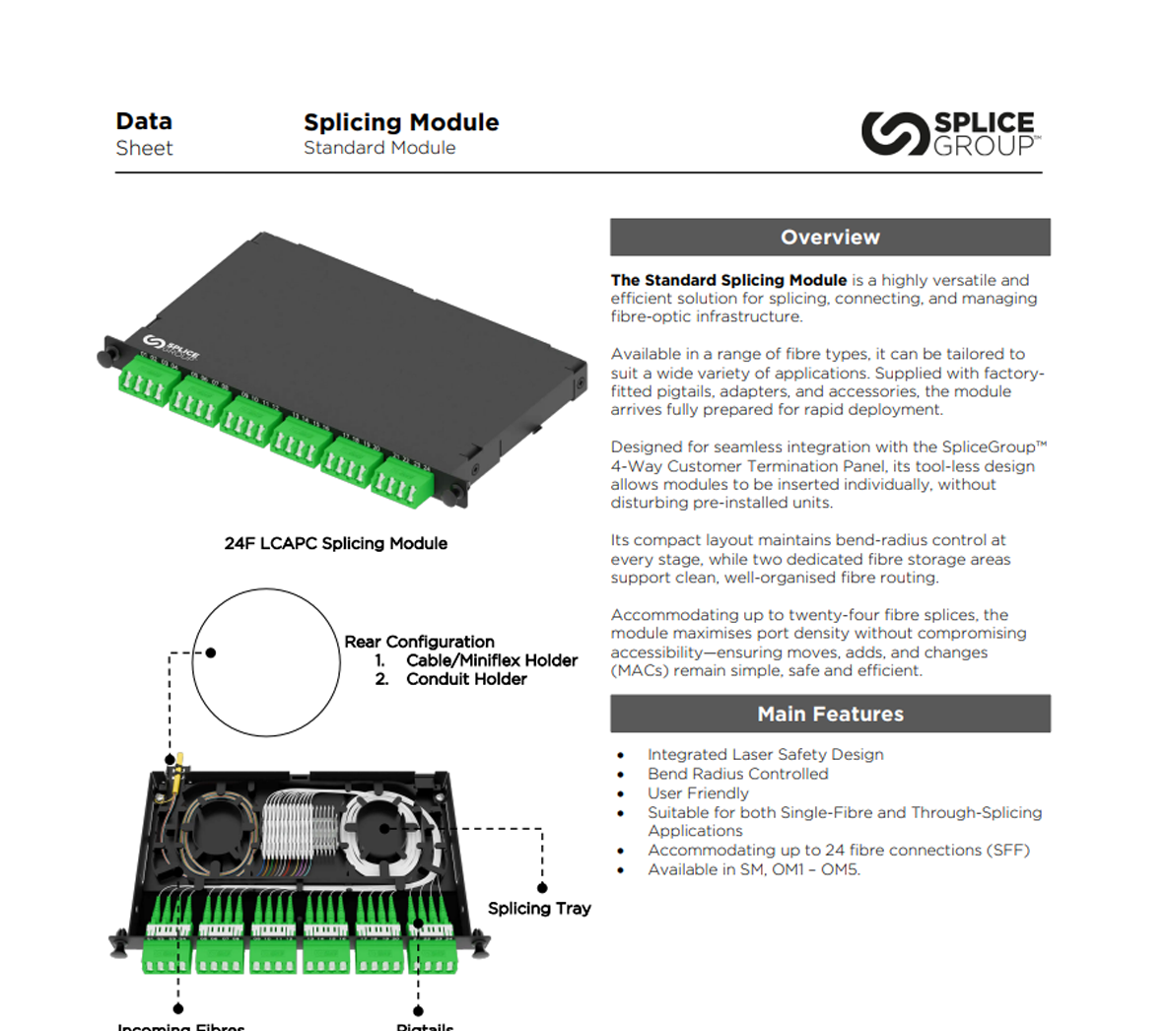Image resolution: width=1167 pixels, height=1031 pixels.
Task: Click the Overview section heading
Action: point(830,238)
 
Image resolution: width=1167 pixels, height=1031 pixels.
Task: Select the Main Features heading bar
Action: point(830,714)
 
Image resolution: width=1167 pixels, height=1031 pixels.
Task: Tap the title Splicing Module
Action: point(401,122)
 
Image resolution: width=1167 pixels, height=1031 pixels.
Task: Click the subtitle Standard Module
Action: point(379,148)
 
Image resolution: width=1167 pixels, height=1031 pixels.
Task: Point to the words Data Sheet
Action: point(144,134)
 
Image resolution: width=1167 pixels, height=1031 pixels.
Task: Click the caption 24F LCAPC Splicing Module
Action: point(336,543)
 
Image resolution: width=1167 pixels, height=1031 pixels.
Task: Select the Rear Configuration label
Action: point(419,642)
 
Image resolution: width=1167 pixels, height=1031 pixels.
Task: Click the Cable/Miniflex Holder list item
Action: point(491,660)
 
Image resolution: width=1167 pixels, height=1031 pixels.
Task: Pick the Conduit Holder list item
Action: point(466,679)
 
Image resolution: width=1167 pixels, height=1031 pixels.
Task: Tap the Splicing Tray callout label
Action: point(539,908)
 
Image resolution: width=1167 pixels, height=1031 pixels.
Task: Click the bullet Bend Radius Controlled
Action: point(737,774)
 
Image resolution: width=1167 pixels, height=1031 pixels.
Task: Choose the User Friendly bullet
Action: point(698,793)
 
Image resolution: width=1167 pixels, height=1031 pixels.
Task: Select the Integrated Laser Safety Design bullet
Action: point(765,754)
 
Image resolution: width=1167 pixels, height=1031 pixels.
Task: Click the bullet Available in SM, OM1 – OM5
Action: point(753,869)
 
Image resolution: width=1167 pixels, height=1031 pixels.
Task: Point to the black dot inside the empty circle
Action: point(211,653)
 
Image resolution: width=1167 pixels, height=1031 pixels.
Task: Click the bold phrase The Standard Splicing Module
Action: point(728,280)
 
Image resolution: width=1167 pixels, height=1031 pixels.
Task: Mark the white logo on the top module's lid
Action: point(172,347)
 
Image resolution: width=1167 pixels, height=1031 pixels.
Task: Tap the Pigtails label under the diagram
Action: point(425,1025)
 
